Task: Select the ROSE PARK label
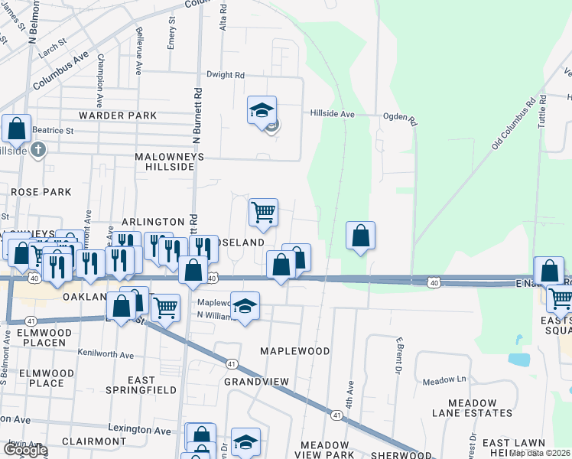tap(41, 192)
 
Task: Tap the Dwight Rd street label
tap(226, 75)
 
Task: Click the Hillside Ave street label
tap(333, 113)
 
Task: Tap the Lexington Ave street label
tap(140, 431)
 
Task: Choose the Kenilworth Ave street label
tap(106, 353)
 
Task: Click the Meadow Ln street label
tap(445, 379)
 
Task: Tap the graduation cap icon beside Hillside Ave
tap(262, 110)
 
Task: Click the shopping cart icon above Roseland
tap(263, 211)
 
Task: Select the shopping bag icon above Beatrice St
tap(16, 129)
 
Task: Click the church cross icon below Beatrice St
tap(40, 151)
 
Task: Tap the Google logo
tap(24, 449)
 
